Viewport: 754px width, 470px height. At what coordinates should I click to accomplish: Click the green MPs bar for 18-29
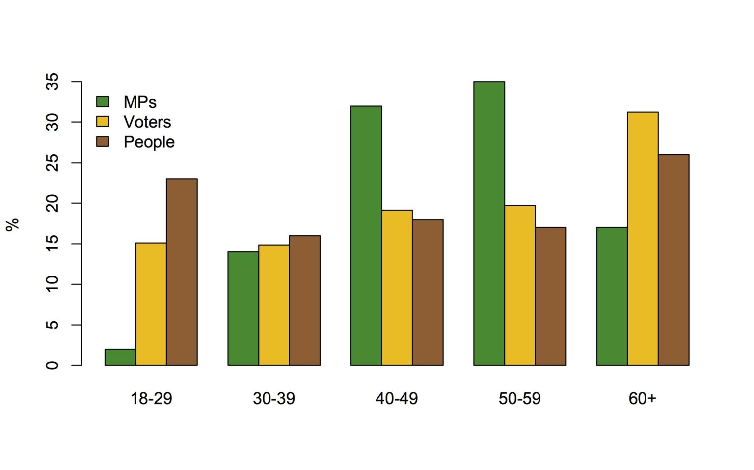click(120, 357)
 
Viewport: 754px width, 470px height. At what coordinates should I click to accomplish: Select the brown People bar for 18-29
click(182, 272)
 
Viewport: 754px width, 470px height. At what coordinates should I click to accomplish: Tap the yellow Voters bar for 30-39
click(274, 305)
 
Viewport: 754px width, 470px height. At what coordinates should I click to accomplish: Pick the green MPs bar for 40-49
click(366, 236)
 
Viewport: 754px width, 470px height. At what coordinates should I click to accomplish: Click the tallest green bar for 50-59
click(489, 223)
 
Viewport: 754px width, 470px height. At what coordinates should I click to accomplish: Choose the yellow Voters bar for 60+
click(643, 239)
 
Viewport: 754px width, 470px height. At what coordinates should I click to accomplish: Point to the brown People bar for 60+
click(673, 260)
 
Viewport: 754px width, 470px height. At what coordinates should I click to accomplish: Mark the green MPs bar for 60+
click(612, 296)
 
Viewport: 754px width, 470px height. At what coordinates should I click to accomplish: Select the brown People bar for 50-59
click(550, 296)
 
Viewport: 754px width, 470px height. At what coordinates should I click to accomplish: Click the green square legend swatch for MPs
click(103, 102)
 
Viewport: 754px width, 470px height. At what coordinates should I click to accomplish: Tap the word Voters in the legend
click(147, 122)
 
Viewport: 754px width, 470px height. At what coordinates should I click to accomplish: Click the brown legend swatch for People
click(103, 141)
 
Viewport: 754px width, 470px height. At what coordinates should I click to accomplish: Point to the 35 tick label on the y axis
click(53, 82)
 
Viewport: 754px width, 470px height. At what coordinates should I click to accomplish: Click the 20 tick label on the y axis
click(53, 203)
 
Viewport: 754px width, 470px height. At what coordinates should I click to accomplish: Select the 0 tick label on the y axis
click(53, 365)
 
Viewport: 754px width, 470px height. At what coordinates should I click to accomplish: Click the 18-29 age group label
click(151, 398)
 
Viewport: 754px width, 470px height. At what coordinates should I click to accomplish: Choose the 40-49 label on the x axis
click(397, 398)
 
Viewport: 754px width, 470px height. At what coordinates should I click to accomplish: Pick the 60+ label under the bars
click(642, 398)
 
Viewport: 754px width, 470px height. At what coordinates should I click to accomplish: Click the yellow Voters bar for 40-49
click(397, 288)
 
